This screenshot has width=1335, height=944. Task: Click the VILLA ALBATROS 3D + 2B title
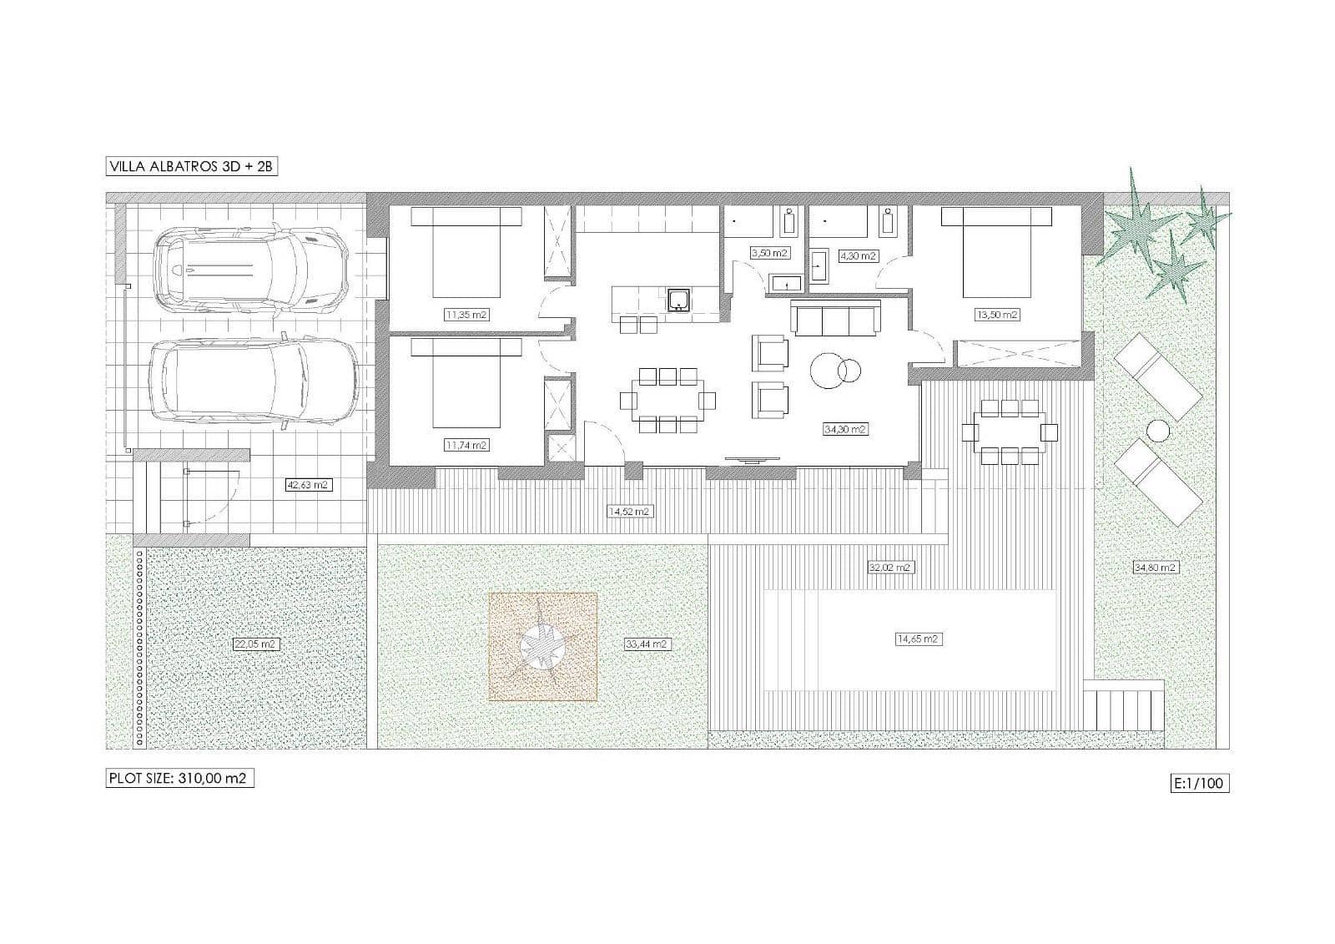click(191, 166)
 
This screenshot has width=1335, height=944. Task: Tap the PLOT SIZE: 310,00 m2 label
click(179, 778)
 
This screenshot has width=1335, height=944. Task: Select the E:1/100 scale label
click(1200, 783)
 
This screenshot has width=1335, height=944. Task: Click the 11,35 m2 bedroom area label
click(466, 315)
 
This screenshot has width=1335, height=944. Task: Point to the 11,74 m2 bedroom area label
click(466, 445)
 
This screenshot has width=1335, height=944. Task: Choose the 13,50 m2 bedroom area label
click(997, 315)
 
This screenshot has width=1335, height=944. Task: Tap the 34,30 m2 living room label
click(845, 429)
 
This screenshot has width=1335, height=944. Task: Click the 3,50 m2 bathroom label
click(768, 253)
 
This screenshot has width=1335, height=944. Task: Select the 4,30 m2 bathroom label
click(857, 256)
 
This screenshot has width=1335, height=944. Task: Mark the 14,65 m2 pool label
click(918, 639)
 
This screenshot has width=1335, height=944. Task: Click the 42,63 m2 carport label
click(307, 484)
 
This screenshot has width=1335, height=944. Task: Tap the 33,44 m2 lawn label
click(647, 644)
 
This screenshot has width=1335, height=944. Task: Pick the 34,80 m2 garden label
click(1155, 568)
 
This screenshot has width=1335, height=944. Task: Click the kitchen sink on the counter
click(678, 300)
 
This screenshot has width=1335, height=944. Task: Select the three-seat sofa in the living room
click(836, 319)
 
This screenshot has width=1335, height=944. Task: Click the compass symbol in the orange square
click(542, 646)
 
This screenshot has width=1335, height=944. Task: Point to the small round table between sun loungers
click(1157, 431)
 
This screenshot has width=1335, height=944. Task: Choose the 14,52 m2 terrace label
click(630, 512)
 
